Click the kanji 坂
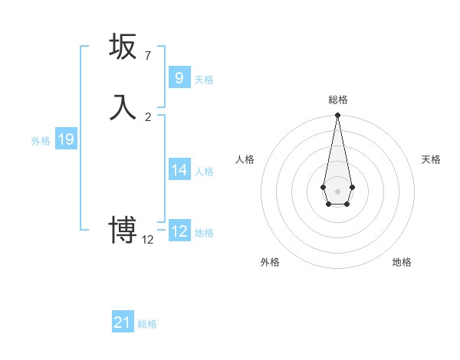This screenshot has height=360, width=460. pyautogui.click(x=123, y=47)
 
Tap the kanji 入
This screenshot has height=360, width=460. pyautogui.click(x=123, y=107)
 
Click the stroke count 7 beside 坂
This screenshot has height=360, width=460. pyautogui.click(x=147, y=56)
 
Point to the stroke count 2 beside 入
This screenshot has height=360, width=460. pyautogui.click(x=148, y=117)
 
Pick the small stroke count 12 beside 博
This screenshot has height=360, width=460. pyautogui.click(x=148, y=240)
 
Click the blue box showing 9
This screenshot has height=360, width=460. pyautogui.click(x=179, y=77)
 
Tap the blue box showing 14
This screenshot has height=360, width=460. pyautogui.click(x=179, y=169)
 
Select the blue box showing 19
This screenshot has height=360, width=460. pyautogui.click(x=66, y=139)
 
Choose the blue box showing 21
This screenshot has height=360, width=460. pyautogui.click(x=123, y=322)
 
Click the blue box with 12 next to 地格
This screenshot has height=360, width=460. pyautogui.click(x=179, y=231)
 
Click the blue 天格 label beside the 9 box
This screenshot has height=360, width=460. pyautogui.click(x=204, y=80)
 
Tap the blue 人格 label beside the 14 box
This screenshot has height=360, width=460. pyautogui.click(x=204, y=172)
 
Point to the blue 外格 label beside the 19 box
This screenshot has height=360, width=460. pyautogui.click(x=41, y=141)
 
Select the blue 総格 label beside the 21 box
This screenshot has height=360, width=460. pyautogui.click(x=147, y=325)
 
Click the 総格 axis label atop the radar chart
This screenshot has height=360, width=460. pyautogui.click(x=337, y=100)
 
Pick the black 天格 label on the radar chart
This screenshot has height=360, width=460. pyautogui.click(x=431, y=159)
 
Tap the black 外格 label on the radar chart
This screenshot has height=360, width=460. pyautogui.click(x=270, y=262)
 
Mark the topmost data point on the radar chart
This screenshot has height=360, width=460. pyautogui.click(x=337, y=116)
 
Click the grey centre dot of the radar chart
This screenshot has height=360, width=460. pyautogui.click(x=337, y=191)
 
